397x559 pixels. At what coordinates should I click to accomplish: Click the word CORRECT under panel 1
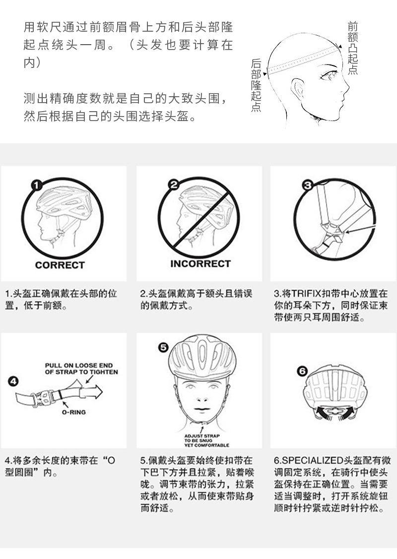pos(60,265)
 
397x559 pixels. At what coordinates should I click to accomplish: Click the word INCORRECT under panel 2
pos(200,264)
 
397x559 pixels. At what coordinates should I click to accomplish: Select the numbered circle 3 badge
pos(307,185)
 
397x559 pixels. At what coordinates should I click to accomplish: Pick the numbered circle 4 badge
pos(13,381)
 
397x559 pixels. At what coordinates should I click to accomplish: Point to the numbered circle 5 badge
pos(163,347)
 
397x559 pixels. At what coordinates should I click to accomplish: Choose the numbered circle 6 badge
pos(302,371)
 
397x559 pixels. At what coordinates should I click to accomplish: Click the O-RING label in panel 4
pos(73,412)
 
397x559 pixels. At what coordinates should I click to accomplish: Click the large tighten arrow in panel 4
pos(89,391)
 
